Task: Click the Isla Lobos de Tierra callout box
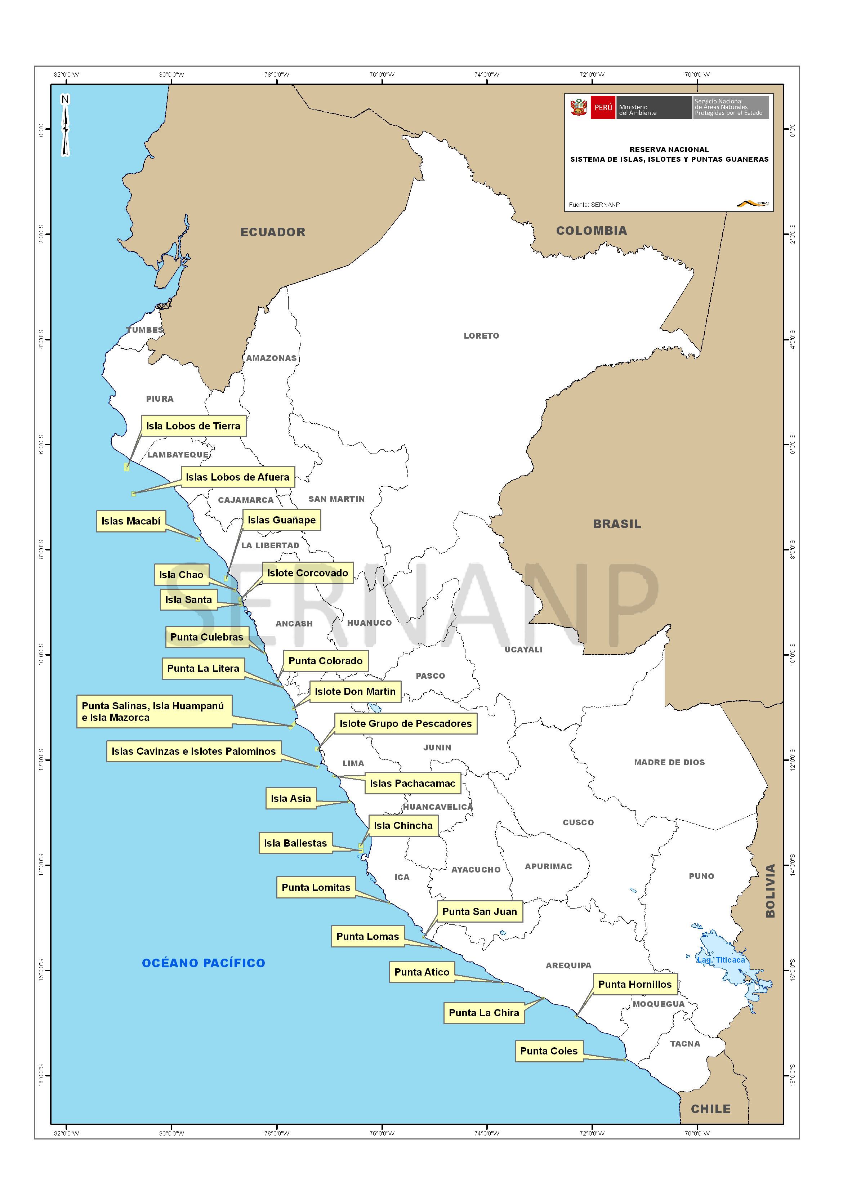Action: (x=193, y=426)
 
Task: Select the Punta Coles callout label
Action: (x=549, y=1051)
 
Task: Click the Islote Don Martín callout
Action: (x=355, y=692)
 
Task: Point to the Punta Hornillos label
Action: (x=634, y=985)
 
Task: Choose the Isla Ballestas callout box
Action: (x=295, y=843)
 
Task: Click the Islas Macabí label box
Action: (x=131, y=521)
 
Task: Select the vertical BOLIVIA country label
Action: (x=770, y=891)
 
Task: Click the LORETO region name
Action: (x=481, y=336)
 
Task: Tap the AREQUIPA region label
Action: (x=568, y=965)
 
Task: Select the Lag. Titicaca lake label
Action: (x=721, y=960)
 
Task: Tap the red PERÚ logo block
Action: (x=603, y=107)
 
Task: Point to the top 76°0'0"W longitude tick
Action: (x=382, y=75)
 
